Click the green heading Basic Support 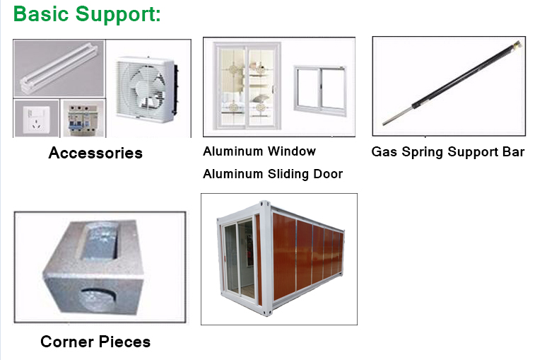pos(87,14)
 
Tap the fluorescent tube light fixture pos(58,68)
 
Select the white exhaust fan pos(146,90)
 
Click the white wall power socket pos(36,120)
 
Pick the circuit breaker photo pos(83,120)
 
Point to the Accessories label pos(95,153)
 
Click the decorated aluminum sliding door pos(247,86)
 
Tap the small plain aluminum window pos(320,91)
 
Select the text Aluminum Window pos(259,151)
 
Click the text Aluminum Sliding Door pos(273,174)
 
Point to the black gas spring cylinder pos(466,75)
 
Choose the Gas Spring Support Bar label pos(448,152)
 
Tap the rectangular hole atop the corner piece pos(100,241)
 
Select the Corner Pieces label pos(95,342)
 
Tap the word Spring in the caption pos(422,152)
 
